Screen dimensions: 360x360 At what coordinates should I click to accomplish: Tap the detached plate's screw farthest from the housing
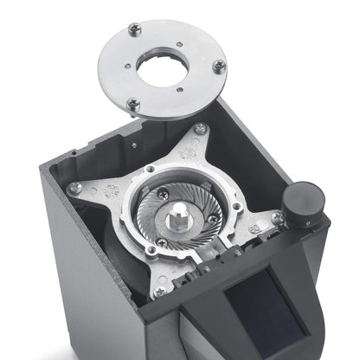[134, 29]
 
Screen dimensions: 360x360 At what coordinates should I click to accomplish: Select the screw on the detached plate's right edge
[219, 66]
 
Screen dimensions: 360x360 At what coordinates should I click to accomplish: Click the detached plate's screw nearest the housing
[133, 104]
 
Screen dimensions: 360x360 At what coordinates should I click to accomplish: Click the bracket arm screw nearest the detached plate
[200, 129]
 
